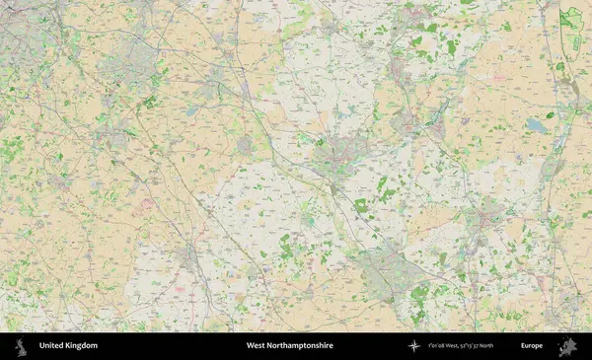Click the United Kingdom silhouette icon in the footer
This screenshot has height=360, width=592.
(20, 346)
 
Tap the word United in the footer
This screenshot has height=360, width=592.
(52, 346)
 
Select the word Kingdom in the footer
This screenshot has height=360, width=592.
(82, 346)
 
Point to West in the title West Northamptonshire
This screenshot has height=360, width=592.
(256, 346)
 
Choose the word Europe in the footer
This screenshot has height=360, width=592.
(532, 346)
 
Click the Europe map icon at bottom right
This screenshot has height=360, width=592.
(567, 346)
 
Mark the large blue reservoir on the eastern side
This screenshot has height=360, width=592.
(536, 125)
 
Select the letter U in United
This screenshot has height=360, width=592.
(41, 346)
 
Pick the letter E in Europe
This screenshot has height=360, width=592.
(523, 346)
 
